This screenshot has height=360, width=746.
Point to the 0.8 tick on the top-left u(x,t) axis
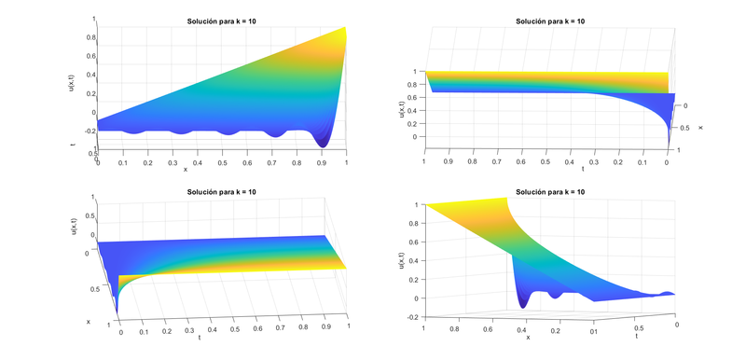pyautogui.click(x=90, y=38)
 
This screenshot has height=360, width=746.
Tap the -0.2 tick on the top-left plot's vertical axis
pyautogui.click(x=90, y=132)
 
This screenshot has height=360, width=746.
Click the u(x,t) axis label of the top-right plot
pyautogui.click(x=403, y=103)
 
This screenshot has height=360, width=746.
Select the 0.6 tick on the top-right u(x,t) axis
pyautogui.click(x=416, y=96)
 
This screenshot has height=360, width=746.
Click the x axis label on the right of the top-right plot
pyautogui.click(x=699, y=127)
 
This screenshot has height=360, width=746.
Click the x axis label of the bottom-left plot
pyautogui.click(x=88, y=321)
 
